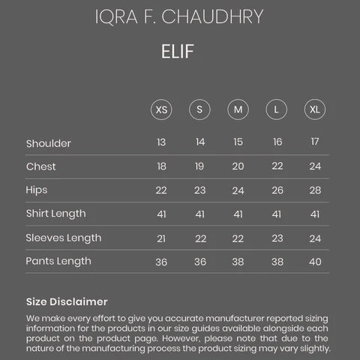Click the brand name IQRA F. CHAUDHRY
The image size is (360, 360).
(x=179, y=18)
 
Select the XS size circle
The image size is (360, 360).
(x=161, y=109)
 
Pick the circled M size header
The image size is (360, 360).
(x=238, y=109)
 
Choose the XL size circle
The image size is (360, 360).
(x=315, y=109)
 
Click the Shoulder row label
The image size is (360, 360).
(x=48, y=143)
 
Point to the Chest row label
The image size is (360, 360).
(x=40, y=166)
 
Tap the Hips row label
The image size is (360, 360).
(x=37, y=190)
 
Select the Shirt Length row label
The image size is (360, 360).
(x=55, y=214)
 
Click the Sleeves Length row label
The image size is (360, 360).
(x=63, y=238)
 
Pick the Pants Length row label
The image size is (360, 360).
(x=58, y=262)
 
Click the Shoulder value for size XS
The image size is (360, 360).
(x=161, y=142)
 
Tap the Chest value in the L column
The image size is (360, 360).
(x=277, y=166)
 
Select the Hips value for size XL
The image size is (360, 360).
(x=315, y=190)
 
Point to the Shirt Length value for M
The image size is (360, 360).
(x=238, y=214)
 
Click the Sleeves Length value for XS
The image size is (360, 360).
(x=161, y=238)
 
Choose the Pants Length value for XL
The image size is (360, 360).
(x=315, y=262)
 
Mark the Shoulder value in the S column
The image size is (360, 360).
(x=200, y=142)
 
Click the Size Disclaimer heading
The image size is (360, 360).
(x=67, y=301)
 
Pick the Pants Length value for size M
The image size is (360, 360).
(x=238, y=262)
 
